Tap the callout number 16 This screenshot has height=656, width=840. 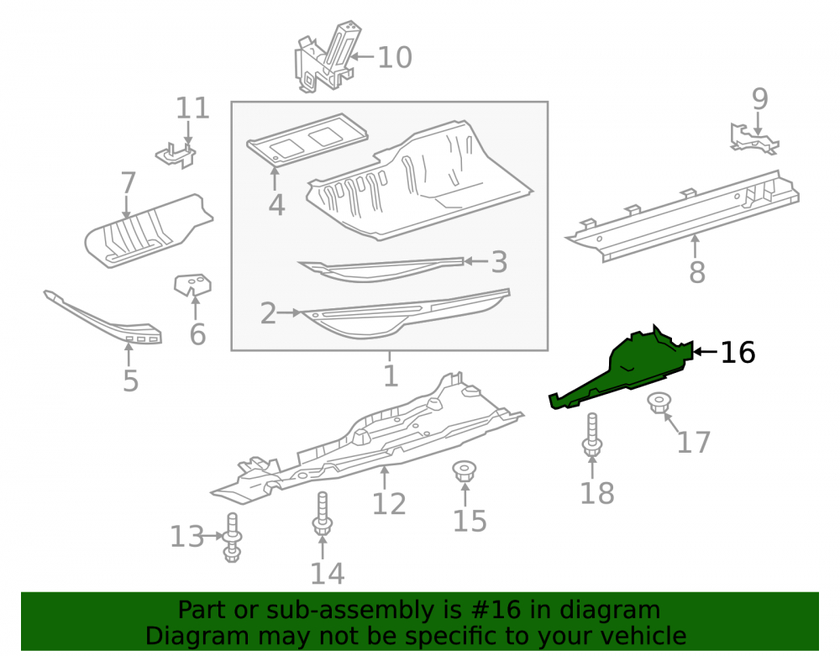738,353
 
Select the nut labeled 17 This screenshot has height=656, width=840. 659,402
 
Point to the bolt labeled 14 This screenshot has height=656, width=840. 323,513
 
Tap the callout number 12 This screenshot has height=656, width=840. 389,504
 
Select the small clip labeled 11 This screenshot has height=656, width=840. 176,155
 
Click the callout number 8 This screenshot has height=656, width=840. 697,272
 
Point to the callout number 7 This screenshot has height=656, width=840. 128,183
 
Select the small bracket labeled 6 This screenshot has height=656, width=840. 192,285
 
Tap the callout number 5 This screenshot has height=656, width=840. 130,380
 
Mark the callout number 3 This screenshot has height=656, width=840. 499,262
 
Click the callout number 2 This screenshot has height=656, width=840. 268,313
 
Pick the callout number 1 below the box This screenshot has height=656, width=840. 391,376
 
